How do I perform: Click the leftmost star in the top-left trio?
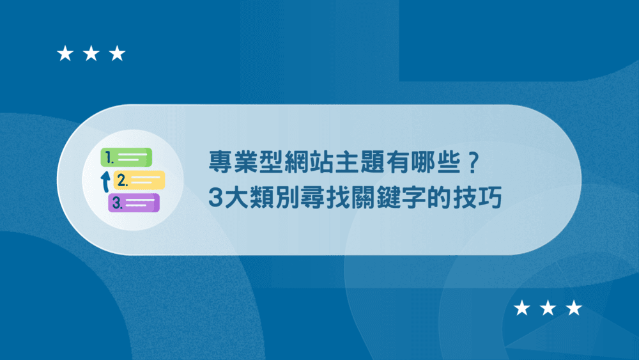click(x=65, y=54)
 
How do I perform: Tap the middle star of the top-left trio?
click(x=91, y=54)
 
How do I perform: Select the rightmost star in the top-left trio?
click(x=117, y=54)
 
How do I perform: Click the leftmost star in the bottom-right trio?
click(x=522, y=308)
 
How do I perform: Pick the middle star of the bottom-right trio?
click(x=548, y=308)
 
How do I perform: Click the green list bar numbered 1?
click(x=128, y=157)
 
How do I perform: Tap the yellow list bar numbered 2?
click(x=139, y=180)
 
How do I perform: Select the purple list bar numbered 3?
click(x=134, y=203)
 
